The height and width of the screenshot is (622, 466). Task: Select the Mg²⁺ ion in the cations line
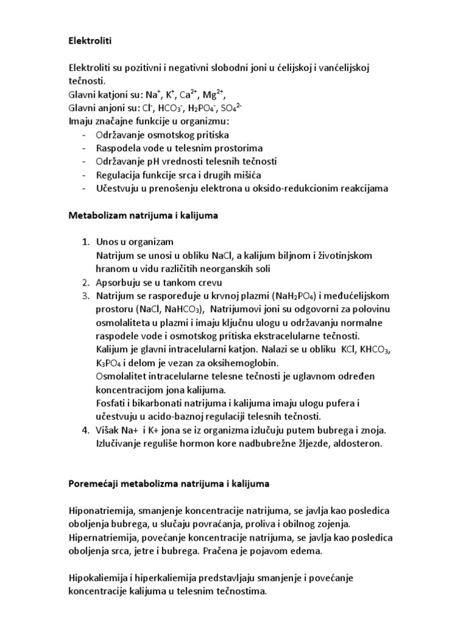pyautogui.click(x=212, y=95)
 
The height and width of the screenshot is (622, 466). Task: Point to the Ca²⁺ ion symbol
pyautogui.click(x=186, y=95)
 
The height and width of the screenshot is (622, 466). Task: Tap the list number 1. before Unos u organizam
pyautogui.click(x=86, y=242)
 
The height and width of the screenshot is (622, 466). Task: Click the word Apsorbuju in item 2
pyautogui.click(x=118, y=282)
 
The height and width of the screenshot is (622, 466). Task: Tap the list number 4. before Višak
pyautogui.click(x=86, y=430)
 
